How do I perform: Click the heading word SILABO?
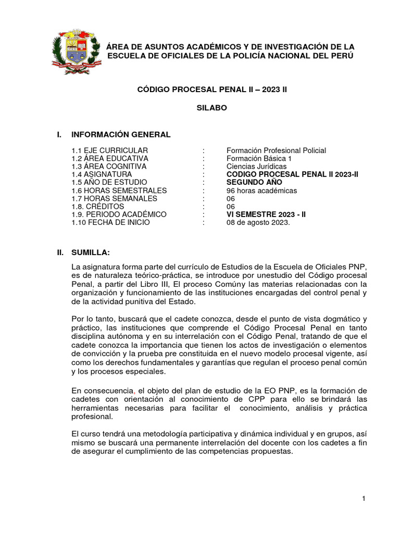pos(211,108)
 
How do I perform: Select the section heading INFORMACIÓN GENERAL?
pos(121,135)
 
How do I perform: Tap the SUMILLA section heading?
pos(91,252)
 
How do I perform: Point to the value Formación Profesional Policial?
pos(276,150)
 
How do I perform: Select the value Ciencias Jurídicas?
pos(256,166)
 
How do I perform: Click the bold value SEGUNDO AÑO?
pos(255,183)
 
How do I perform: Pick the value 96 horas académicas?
pos(261,191)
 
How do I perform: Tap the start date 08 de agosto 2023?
pos(258,222)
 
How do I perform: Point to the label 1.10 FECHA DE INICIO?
pos(110,222)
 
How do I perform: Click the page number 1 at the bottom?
pos(364,499)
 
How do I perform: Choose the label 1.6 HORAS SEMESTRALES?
pos(119,191)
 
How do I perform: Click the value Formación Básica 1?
pos(259,158)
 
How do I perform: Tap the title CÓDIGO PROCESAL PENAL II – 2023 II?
pos(212,90)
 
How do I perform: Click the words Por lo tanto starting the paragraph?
pos(90,319)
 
